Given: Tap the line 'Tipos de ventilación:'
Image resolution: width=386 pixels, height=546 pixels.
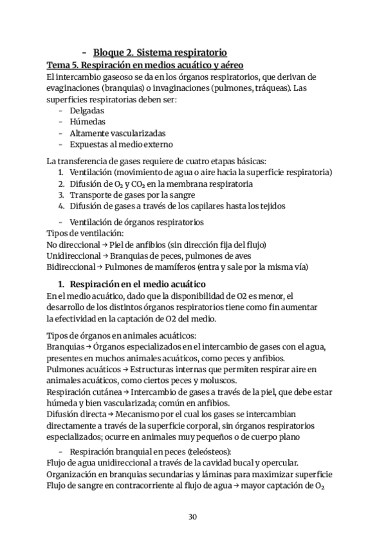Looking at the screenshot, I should (85, 232).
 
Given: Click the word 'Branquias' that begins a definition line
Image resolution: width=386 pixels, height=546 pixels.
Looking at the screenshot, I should (66, 347).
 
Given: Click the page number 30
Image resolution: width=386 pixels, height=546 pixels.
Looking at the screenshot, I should (192, 516).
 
